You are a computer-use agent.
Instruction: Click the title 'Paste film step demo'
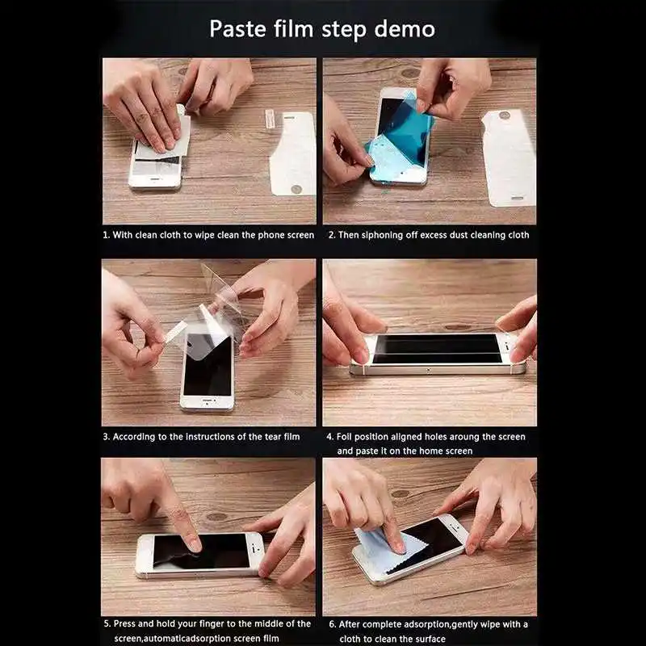point(322,29)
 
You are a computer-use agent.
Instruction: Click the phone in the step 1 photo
point(155,166)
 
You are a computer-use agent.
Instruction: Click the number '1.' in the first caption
point(106,235)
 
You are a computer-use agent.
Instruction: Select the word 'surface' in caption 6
point(428,639)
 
